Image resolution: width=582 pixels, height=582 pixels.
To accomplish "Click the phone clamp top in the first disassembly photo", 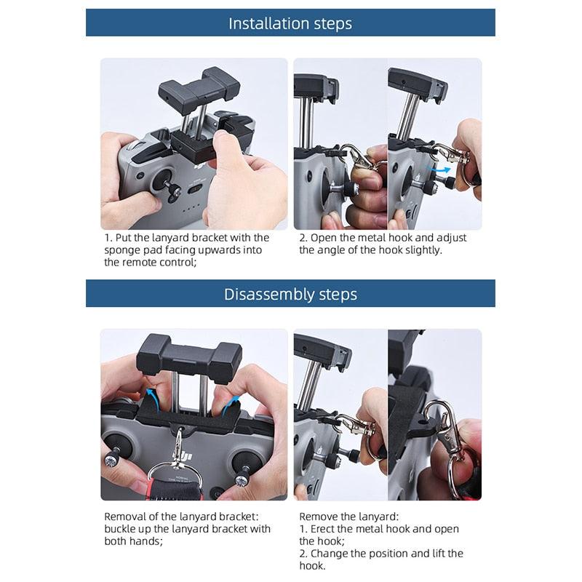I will (189, 354).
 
